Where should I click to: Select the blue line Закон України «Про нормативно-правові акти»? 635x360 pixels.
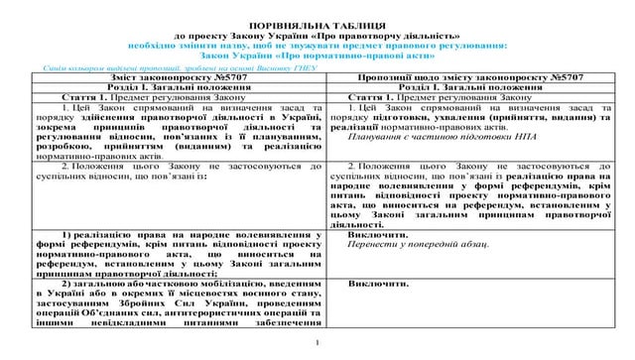(x=317, y=57)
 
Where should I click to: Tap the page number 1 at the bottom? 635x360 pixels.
(x=317, y=343)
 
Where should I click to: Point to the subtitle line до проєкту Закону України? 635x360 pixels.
(x=317, y=34)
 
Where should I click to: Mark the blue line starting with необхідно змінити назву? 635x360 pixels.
(x=317, y=45)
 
